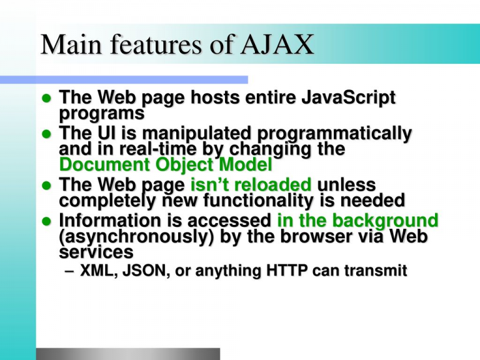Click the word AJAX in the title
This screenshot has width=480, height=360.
pos(277,44)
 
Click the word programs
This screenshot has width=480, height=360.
pos(101,114)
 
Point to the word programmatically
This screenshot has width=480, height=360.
pos(334,134)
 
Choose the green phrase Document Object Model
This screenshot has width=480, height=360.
pos(166,164)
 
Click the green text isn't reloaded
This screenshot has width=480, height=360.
pos(251,184)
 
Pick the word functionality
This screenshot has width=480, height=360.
pos(259,201)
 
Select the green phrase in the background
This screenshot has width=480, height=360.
pos(358,221)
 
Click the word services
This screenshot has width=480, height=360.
pos(96,252)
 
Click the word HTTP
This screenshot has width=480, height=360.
pos(287,271)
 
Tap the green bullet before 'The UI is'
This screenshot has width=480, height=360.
pos(46,134)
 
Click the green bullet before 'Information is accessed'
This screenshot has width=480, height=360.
pos(46,221)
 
